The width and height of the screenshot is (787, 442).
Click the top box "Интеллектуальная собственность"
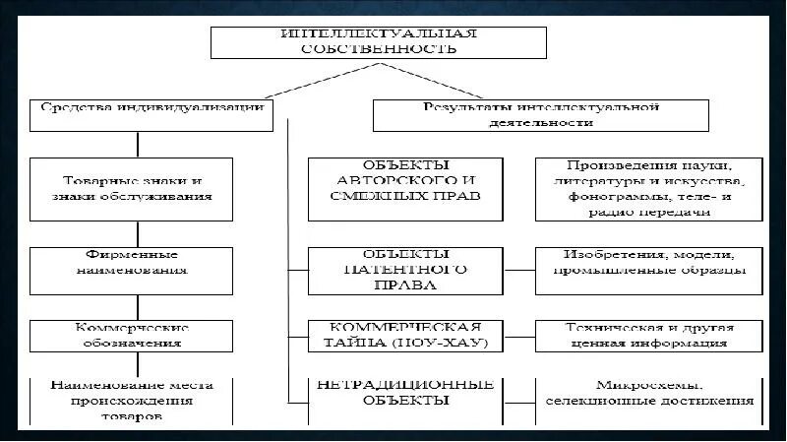coord(379,42)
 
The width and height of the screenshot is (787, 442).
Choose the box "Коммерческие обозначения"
coord(138,335)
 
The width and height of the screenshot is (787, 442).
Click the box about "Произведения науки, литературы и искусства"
coord(649,187)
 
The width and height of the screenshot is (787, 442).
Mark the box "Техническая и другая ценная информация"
coord(649,335)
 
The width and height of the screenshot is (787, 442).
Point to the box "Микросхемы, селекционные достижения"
coord(649,394)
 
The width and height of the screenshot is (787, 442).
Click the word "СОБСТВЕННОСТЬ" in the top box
coord(379,48)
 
